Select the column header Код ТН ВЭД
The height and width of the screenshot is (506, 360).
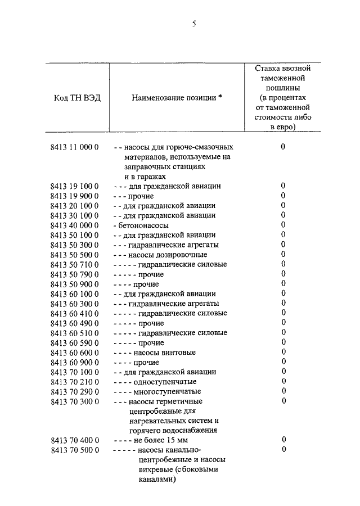pyautogui.click(x=78, y=97)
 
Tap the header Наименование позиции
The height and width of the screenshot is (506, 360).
pyautogui.click(x=177, y=97)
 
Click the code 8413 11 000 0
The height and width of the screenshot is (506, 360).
pyautogui.click(x=74, y=147)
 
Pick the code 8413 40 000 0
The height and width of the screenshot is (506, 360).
pyautogui.click(x=74, y=225)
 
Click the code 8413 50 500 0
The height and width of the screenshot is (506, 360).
pyautogui.click(x=74, y=255)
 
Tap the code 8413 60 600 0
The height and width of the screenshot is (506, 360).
pyautogui.click(x=74, y=353)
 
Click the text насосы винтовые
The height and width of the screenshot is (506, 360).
pyautogui.click(x=164, y=353)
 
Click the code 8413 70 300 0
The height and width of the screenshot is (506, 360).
pyautogui.click(x=74, y=401)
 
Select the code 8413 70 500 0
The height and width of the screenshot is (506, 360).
pyautogui.click(x=74, y=450)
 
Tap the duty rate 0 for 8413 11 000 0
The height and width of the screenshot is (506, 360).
pyautogui.click(x=283, y=147)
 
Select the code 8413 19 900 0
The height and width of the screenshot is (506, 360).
pyautogui.click(x=74, y=196)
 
